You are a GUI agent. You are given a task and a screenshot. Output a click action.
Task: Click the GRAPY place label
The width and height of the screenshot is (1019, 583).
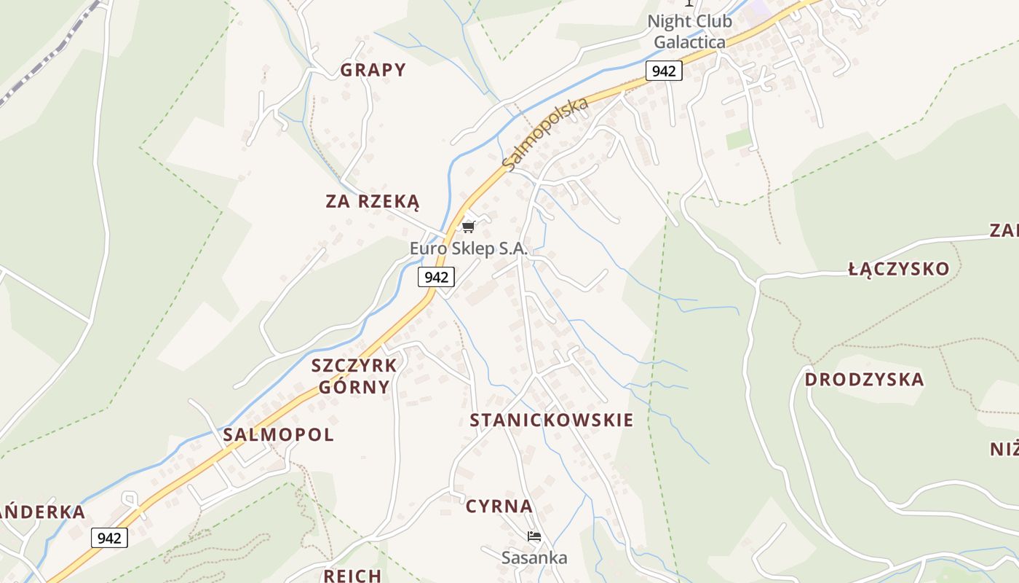pos(373,70)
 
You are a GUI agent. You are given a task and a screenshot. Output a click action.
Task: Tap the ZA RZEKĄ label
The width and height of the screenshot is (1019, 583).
pos(373,201)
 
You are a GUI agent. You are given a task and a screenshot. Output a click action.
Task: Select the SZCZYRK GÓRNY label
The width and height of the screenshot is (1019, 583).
pos(354,376)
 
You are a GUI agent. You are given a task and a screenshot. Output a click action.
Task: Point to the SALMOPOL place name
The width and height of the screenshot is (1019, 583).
pos(278,435)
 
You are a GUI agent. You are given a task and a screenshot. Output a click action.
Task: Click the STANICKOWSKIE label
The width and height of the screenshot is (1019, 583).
pos(551,420)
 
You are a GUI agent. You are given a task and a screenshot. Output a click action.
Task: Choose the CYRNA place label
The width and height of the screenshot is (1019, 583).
pos(499,506)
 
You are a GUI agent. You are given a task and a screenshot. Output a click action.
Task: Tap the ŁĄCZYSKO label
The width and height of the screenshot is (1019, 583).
pos(899,269)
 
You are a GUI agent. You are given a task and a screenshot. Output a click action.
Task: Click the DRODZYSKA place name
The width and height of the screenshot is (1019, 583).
pos(864,380)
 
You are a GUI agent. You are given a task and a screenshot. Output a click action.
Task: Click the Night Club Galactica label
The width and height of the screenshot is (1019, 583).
pos(689,31)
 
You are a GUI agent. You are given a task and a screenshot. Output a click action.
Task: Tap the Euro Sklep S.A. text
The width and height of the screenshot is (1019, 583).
pos(468,249)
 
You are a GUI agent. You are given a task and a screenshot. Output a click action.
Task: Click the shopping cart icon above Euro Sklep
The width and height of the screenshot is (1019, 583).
pos(469,227)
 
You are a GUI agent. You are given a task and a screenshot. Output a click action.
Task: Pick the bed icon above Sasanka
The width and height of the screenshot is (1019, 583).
pos(534,537)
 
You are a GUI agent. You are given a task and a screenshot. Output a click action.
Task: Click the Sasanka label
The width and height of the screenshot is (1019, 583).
pos(534,558)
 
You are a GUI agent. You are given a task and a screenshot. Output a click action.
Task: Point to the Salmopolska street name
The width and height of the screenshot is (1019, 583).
pos(546,135)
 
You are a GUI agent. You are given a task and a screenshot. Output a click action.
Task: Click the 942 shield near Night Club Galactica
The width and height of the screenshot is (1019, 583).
pos(663,71)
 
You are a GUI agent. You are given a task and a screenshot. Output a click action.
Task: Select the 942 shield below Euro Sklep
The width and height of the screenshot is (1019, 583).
pos(436,277)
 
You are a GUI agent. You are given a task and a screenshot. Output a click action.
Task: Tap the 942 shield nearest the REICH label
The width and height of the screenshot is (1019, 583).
pos(109,538)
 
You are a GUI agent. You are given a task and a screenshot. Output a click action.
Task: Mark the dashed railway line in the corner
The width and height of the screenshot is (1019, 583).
pos(44,58)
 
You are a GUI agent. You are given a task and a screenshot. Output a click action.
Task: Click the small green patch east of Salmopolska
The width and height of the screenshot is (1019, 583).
pos(738,138)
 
